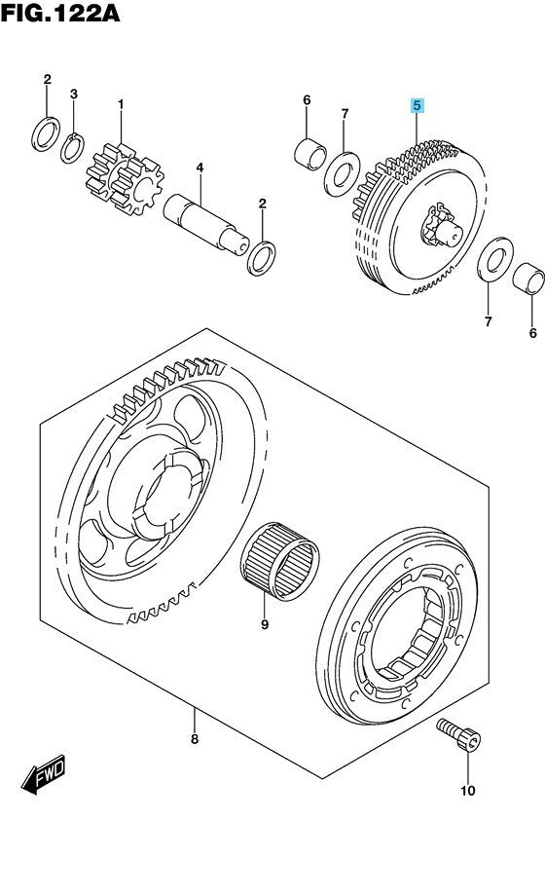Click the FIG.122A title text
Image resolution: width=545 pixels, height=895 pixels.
[x=60, y=13]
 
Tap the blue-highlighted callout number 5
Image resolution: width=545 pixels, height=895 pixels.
[x=418, y=105]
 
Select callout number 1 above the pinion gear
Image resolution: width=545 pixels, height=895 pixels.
[x=121, y=104]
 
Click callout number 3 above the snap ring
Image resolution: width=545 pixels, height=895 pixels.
[x=74, y=93]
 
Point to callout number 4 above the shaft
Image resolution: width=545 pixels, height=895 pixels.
[x=200, y=168]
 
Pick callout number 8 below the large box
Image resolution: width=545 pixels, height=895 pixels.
[x=195, y=739]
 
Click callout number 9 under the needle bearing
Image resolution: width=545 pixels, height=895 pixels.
[x=265, y=624]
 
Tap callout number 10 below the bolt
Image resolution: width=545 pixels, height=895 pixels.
[x=468, y=791]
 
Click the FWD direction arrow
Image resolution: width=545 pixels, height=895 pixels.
[x=44, y=773]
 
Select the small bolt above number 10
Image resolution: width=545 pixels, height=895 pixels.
[x=458, y=734]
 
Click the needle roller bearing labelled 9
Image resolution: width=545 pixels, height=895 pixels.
[x=279, y=560]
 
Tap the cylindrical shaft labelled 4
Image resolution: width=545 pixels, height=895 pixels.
[x=206, y=223]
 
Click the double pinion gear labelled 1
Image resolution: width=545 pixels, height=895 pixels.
[x=125, y=179]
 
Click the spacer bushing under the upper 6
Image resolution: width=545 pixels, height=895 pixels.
[x=310, y=154]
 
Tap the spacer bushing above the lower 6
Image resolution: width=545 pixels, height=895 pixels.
[x=528, y=278]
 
